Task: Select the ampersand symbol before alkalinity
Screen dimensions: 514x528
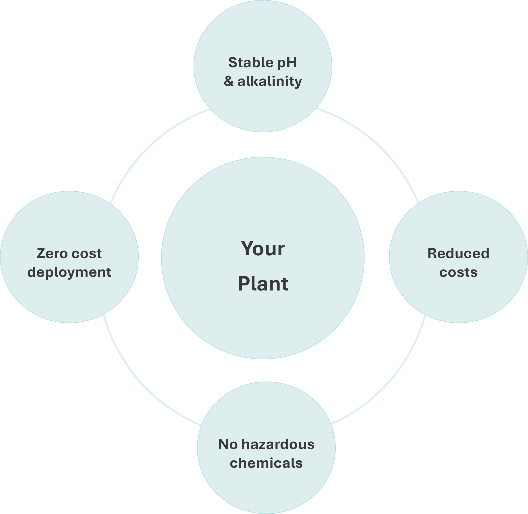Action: click(229, 81)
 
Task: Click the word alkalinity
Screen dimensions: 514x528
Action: click(270, 81)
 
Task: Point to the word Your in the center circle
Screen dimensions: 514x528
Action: click(262, 249)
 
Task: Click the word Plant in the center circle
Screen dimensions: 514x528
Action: click(263, 284)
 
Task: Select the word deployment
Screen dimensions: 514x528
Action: click(69, 272)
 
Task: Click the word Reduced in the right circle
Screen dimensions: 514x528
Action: click(458, 254)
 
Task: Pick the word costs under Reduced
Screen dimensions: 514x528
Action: click(458, 272)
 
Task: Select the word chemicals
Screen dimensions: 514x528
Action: click(266, 463)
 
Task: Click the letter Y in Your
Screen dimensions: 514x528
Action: click(248, 248)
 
